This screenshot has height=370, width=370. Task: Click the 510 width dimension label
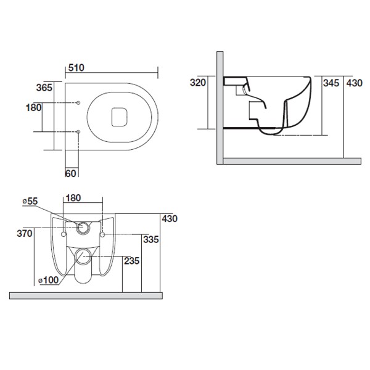coord(76,68)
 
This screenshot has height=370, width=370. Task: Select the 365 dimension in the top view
coord(44,88)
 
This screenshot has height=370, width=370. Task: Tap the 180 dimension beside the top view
coord(33,107)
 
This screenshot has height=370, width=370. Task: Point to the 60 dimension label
coord(70,174)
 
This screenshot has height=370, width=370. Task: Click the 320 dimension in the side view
coord(198,83)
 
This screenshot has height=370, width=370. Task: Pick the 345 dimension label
coord(331,83)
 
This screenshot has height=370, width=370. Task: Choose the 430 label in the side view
coord(355,83)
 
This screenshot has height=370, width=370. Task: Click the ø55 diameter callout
coord(30,201)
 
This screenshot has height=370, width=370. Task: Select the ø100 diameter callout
coord(48,280)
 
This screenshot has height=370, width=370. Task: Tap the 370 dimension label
coord(25,234)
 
